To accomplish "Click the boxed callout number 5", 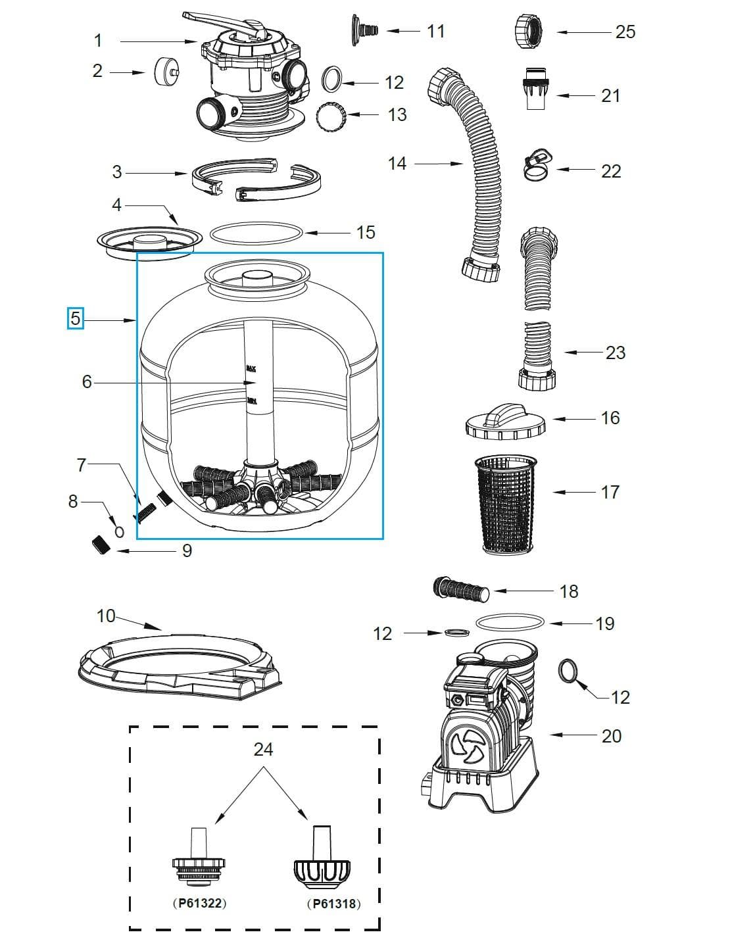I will pyautogui.click(x=76, y=319).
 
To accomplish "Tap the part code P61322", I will pyautogui.click(x=199, y=903).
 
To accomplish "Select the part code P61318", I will pyautogui.click(x=335, y=903).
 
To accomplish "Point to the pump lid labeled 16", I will pyautogui.click(x=505, y=422).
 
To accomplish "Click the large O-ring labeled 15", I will pyautogui.click(x=256, y=232).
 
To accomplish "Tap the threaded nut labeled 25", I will pyautogui.click(x=530, y=31).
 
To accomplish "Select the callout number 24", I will pyautogui.click(x=263, y=749).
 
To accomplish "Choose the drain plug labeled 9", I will pyautogui.click(x=100, y=545).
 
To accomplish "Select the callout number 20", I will pyautogui.click(x=611, y=735).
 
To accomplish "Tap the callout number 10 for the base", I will pyautogui.click(x=106, y=616).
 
